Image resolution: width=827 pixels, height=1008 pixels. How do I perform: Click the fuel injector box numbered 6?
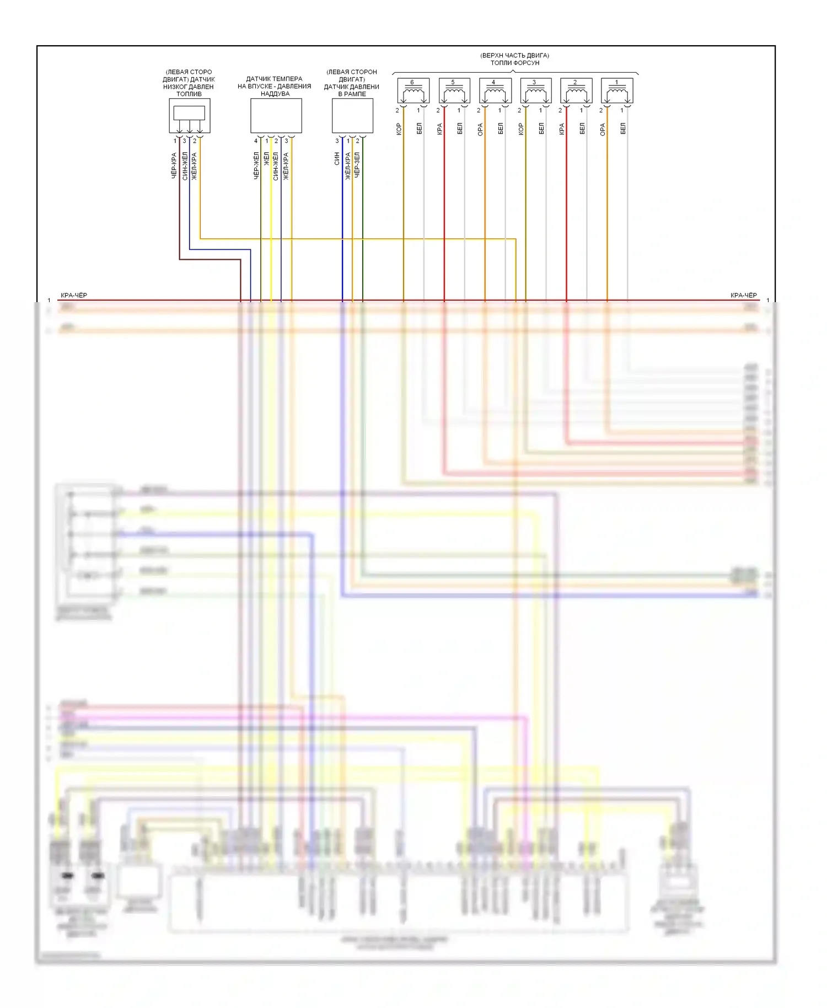click(413, 91)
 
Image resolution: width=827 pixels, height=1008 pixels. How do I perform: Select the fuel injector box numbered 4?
click(495, 91)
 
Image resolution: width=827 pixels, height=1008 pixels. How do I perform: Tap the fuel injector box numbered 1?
click(617, 91)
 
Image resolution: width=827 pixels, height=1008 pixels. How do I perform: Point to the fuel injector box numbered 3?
click(535, 91)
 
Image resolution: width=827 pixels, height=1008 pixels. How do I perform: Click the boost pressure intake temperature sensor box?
click(276, 116)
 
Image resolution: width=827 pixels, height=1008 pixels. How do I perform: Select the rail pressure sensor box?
click(352, 116)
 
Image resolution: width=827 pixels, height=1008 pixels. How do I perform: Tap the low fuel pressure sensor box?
click(190, 116)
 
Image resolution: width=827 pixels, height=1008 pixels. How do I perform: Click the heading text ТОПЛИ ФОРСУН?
click(514, 63)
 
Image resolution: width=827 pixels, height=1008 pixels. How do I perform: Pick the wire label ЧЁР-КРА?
click(174, 165)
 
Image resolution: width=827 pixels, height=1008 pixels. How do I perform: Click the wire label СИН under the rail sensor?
click(337, 158)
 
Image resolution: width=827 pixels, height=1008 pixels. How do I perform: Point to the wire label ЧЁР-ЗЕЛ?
click(357, 165)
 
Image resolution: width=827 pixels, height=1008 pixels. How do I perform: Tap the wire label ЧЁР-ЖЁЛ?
click(256, 166)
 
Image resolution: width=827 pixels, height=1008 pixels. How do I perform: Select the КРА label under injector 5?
click(439, 129)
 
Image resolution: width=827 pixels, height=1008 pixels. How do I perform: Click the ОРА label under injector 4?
click(480, 129)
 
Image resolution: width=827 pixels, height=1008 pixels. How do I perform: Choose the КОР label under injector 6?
click(399, 129)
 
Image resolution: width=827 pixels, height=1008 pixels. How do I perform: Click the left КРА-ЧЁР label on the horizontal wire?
click(74, 296)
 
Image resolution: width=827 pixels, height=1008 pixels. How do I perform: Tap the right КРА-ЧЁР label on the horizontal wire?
click(743, 296)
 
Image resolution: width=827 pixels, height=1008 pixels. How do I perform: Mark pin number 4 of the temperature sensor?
click(256, 141)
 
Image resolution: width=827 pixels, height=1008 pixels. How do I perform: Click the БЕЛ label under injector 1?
click(623, 129)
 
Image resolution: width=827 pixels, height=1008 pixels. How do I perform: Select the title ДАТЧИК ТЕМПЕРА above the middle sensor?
click(274, 79)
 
